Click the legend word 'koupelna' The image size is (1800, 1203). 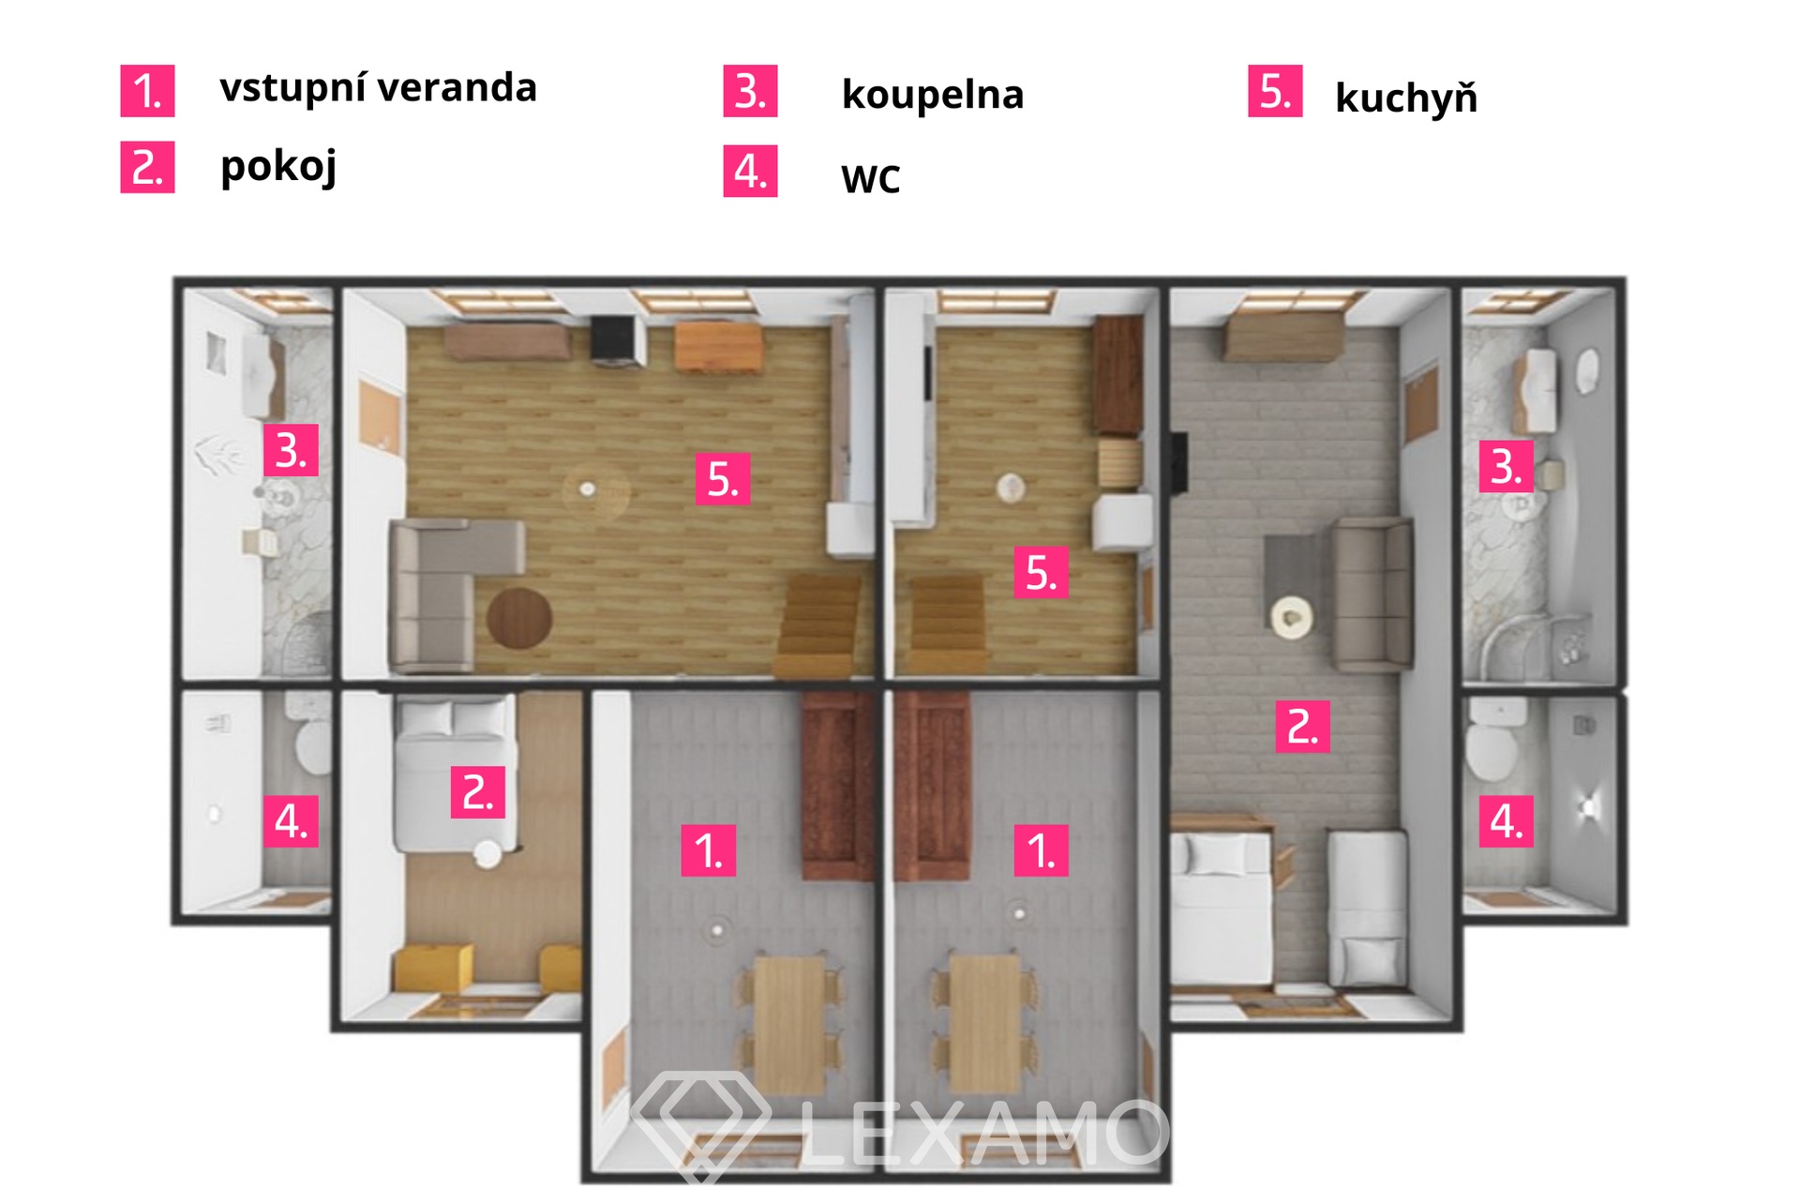933,95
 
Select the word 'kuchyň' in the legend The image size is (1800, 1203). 1406,98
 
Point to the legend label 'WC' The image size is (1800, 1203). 871,179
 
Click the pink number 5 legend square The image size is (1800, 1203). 1275,91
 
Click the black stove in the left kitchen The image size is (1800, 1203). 617,340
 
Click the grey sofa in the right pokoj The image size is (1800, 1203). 1373,594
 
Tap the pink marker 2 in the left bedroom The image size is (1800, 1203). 478,792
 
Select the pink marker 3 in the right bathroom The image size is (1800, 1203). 1507,466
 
